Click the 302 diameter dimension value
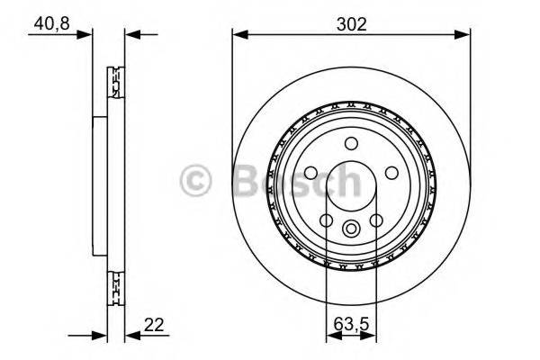click(x=352, y=23)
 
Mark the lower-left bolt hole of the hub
click(x=326, y=220)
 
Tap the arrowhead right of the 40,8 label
click(x=87, y=35)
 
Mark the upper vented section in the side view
click(x=114, y=86)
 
